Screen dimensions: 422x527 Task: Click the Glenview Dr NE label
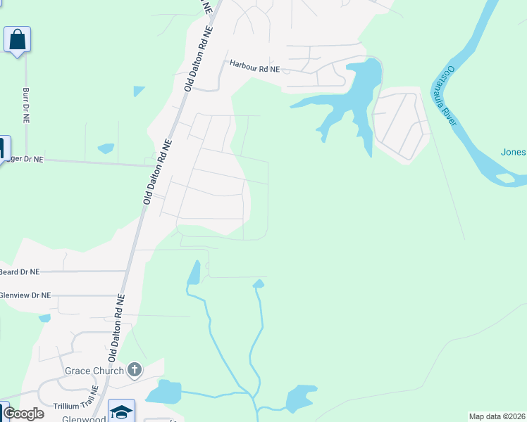click(x=25, y=296)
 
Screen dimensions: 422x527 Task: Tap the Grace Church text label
click(x=94, y=371)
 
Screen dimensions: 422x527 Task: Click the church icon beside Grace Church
click(x=135, y=370)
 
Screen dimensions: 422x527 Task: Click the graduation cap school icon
click(x=121, y=411)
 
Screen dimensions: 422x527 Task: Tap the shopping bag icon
click(x=17, y=39)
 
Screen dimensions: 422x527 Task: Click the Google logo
click(x=24, y=414)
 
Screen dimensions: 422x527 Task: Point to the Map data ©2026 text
click(x=497, y=416)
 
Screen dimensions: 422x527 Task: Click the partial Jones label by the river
click(x=513, y=152)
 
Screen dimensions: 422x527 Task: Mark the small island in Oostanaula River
click(x=505, y=178)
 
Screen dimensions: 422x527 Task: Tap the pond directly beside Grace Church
click(x=163, y=391)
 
